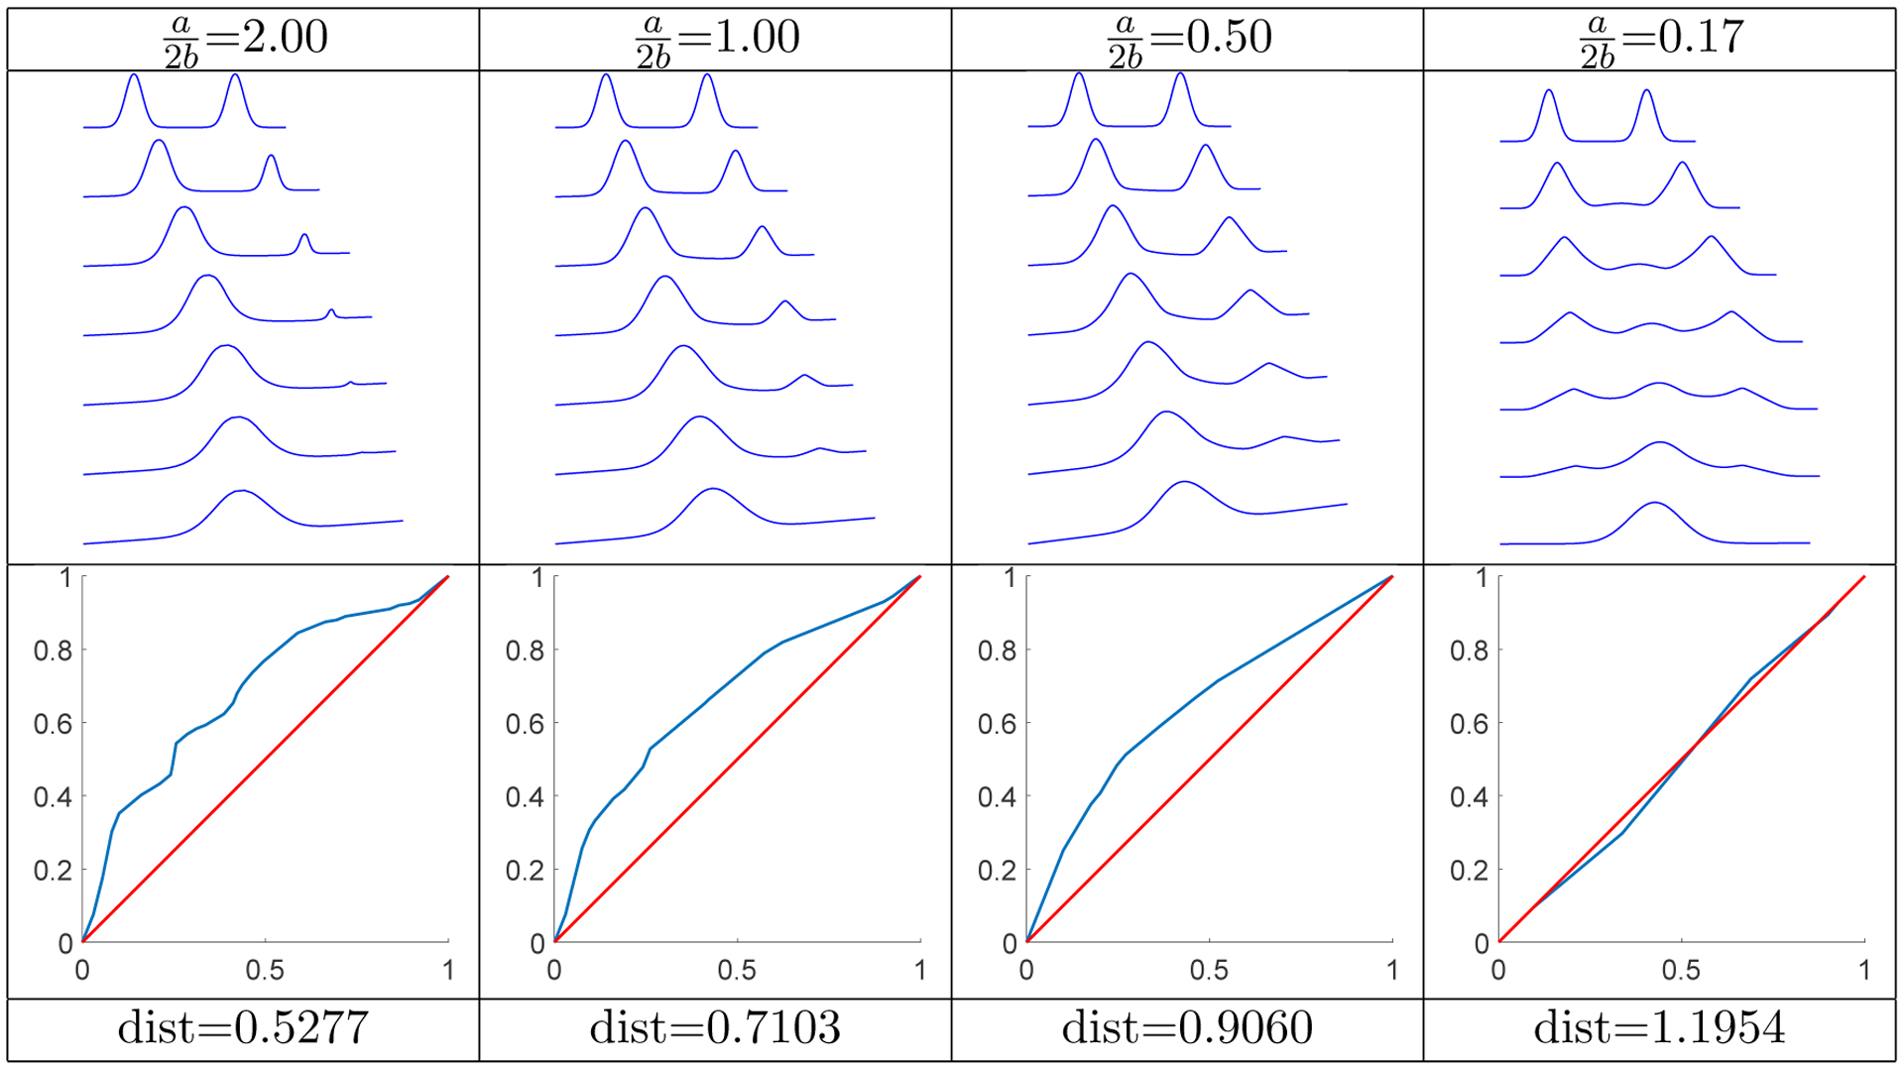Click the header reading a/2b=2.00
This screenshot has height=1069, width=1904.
tap(244, 40)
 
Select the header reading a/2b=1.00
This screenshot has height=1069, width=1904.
tap(716, 40)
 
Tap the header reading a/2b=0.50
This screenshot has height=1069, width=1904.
tap(1188, 40)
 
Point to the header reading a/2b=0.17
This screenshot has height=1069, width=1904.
tap(1660, 40)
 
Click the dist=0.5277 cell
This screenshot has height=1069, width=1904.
tap(243, 1028)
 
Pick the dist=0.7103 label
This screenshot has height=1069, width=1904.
tap(715, 1028)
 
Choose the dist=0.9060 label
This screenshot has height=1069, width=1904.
tap(1187, 1028)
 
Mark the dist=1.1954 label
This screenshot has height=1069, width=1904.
tap(1659, 1028)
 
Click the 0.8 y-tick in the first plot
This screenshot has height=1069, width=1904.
tap(53, 652)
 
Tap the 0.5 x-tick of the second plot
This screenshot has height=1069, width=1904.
tap(737, 971)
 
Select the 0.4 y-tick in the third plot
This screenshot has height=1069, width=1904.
tap(997, 798)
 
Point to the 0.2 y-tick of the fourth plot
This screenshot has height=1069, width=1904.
tap(1469, 871)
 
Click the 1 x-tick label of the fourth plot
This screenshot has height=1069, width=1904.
tap(1864, 971)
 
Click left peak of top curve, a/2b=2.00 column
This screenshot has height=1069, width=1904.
tap(134, 75)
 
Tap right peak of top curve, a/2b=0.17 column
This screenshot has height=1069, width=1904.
tap(1646, 91)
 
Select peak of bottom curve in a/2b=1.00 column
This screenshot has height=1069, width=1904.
tap(713, 489)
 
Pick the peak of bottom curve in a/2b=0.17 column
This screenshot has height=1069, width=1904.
tap(1654, 503)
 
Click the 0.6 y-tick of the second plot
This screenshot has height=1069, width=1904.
tap(525, 725)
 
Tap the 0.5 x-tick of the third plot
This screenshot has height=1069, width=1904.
tap(1209, 971)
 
